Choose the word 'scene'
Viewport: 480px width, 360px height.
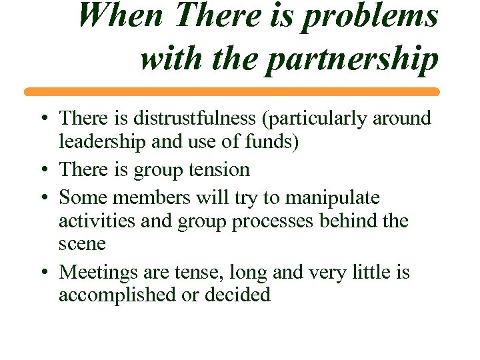tap(82, 244)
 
